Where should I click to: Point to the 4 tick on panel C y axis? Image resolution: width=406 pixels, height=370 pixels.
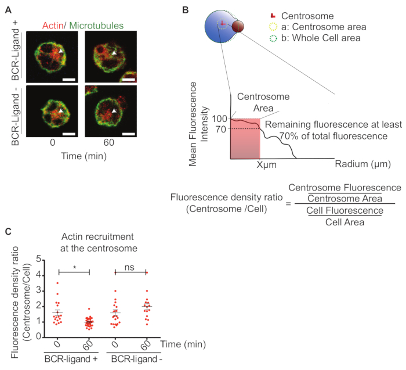[39, 272]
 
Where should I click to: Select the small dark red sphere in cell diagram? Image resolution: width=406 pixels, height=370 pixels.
[238, 27]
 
